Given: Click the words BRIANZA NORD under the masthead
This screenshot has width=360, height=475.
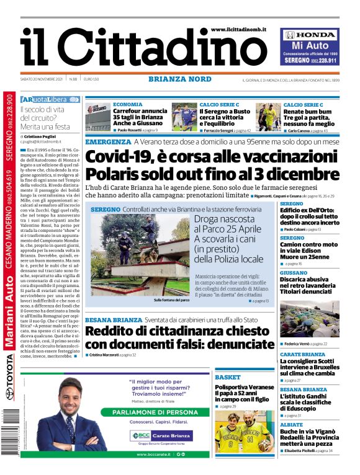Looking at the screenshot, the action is point(179,79).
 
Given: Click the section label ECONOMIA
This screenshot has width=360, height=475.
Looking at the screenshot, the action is point(128,105).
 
